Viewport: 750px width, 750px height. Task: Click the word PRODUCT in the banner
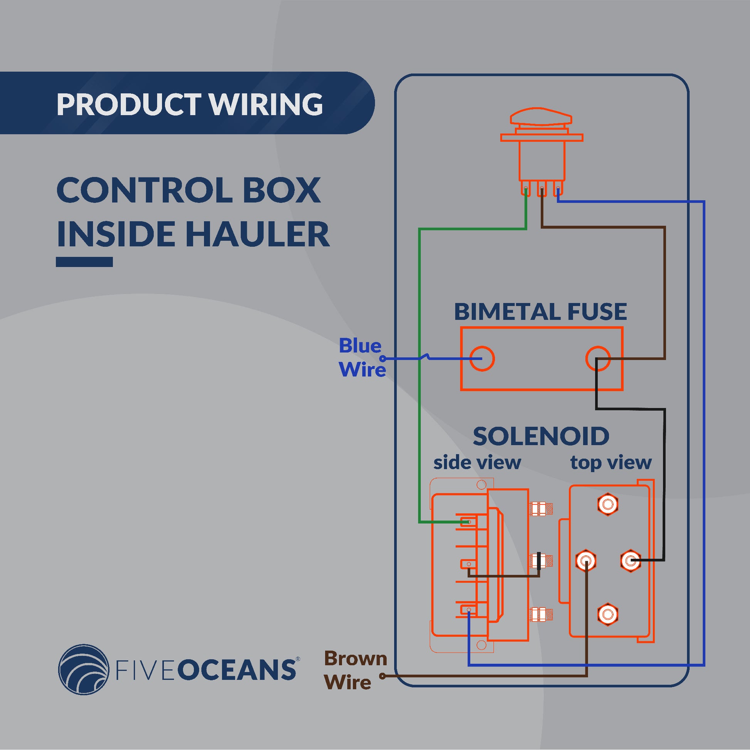coord(128,104)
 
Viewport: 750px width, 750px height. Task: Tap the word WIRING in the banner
coord(266,104)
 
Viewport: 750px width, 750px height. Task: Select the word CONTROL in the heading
coord(144,190)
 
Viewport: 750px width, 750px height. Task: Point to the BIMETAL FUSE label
coord(540,311)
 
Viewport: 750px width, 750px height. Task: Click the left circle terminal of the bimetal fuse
coord(482,358)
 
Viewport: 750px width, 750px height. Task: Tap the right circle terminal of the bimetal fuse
coord(598,358)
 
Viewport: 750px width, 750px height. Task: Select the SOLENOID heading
coord(541,436)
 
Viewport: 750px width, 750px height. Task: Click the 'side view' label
coord(477,462)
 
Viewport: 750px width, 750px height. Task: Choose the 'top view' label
coord(610,462)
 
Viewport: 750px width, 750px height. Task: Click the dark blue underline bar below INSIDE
coord(84,262)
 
